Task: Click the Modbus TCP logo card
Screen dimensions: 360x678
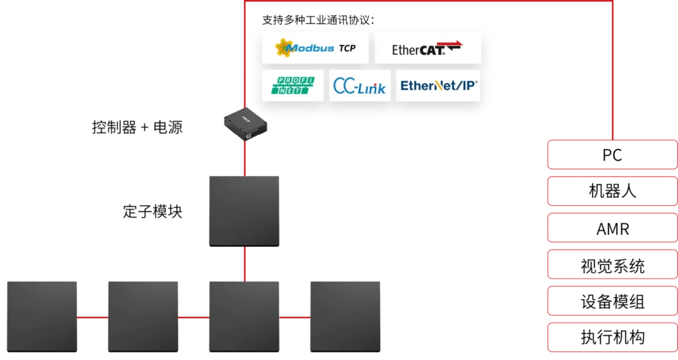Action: [315, 48]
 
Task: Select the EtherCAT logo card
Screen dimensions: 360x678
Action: [428, 48]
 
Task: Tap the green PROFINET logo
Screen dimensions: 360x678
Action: [293, 85]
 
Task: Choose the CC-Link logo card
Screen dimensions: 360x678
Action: [360, 85]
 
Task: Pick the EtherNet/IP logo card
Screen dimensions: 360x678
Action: [438, 85]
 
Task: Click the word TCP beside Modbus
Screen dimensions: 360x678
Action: [347, 48]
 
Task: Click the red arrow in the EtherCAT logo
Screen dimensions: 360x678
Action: [454, 45]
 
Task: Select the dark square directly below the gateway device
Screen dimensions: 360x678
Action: [244, 211]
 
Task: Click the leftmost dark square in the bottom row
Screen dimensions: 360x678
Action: [42, 317]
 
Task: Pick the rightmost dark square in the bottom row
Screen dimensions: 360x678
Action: [345, 317]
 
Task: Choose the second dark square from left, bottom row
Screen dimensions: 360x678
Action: [143, 317]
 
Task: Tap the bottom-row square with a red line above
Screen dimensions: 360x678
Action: [244, 317]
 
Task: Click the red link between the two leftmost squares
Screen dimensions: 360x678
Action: [93, 317]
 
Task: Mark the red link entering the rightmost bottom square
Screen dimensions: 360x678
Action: [295, 317]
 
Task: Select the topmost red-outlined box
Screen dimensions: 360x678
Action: [610, 154]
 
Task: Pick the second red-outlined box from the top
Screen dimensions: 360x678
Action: [610, 191]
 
